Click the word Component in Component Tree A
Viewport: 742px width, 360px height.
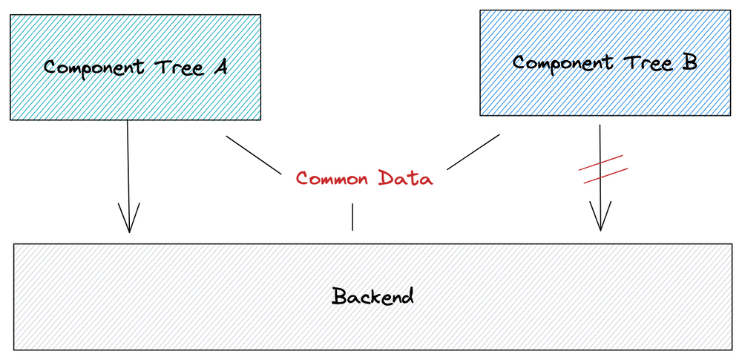(x=94, y=68)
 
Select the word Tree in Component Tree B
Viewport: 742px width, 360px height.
(x=648, y=63)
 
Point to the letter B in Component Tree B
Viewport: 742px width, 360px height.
(x=689, y=62)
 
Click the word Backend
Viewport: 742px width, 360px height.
(x=372, y=296)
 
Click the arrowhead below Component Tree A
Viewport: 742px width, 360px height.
(x=128, y=218)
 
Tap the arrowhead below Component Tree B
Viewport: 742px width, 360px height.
(x=600, y=216)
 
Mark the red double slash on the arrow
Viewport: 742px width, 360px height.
(x=603, y=168)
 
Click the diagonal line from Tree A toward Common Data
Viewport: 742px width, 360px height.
(x=253, y=155)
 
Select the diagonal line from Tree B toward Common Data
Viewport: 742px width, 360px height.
(x=473, y=151)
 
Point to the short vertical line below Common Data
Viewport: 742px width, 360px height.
(x=352, y=217)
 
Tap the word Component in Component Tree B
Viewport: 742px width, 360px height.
(x=564, y=64)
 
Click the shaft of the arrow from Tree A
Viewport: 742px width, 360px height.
(x=128, y=175)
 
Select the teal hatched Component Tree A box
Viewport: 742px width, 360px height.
(x=135, y=68)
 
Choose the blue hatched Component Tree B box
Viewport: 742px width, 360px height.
(x=605, y=63)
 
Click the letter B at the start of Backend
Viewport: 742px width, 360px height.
(x=340, y=296)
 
